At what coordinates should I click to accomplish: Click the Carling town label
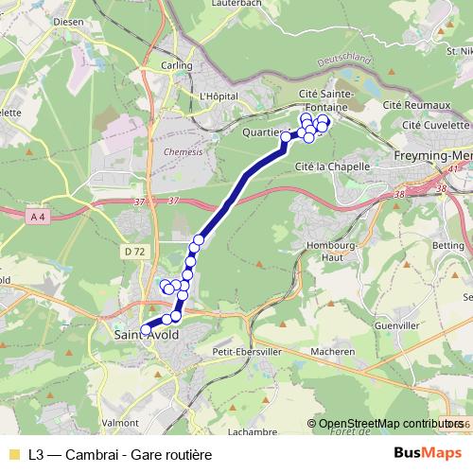pos(176,65)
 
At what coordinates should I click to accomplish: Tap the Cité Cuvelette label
pos(435,125)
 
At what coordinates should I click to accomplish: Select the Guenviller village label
pos(397,325)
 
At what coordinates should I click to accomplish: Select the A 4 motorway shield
pos(38,217)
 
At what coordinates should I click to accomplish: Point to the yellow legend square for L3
pos(12,453)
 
